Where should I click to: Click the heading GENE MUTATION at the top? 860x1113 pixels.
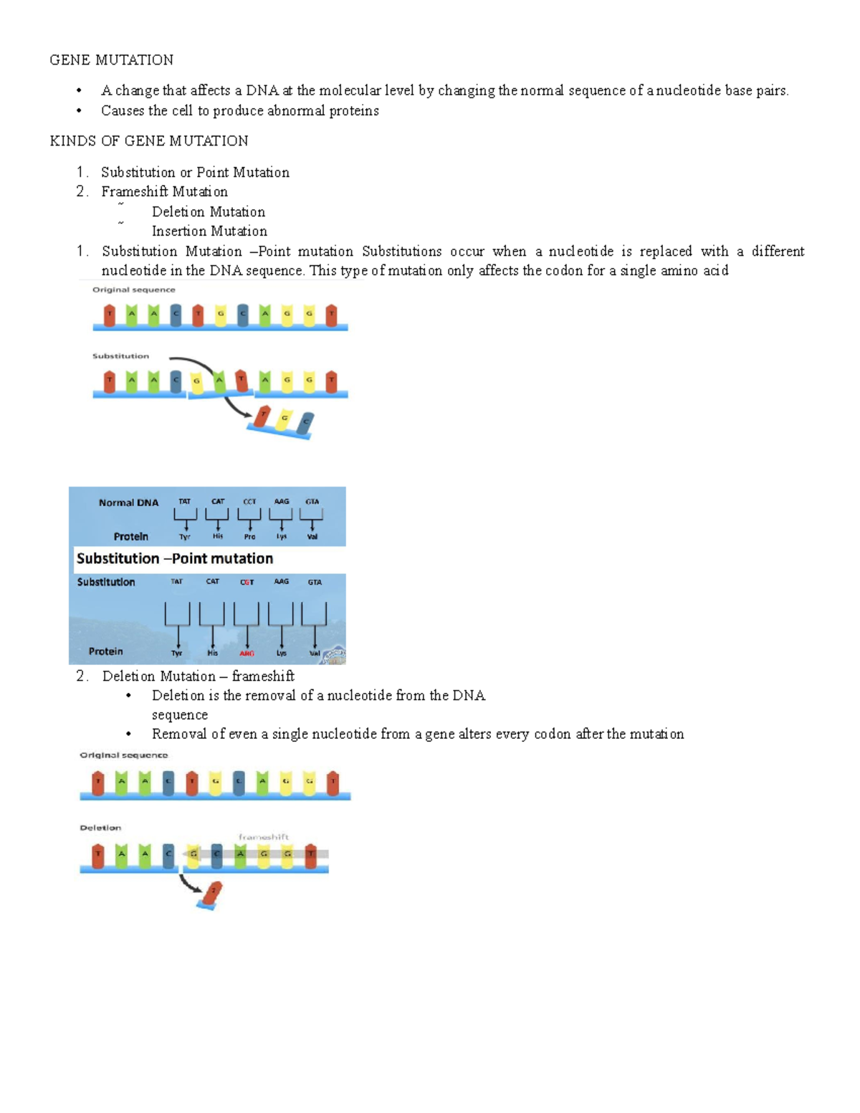click(111, 59)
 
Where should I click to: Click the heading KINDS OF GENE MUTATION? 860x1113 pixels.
click(149, 140)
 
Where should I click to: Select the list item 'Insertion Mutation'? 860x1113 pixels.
click(209, 231)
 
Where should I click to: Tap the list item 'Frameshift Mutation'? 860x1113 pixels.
click(164, 191)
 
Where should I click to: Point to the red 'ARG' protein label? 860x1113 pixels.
click(247, 653)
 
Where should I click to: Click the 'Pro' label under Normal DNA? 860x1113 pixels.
click(249, 536)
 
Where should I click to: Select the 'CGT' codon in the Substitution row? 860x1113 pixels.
click(247, 582)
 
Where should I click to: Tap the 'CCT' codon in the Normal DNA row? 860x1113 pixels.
click(249, 502)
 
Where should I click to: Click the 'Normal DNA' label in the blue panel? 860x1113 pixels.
click(128, 502)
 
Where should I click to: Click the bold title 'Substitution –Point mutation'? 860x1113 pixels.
click(175, 558)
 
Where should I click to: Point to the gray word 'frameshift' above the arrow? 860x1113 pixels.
click(264, 836)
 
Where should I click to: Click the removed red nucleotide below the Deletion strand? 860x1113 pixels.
click(212, 893)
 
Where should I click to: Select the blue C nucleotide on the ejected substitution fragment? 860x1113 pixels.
click(306, 423)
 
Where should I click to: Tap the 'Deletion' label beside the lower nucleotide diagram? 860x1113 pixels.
click(100, 828)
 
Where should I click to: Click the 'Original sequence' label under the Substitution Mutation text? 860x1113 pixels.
click(134, 290)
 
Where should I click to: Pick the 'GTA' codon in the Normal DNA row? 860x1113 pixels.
click(312, 502)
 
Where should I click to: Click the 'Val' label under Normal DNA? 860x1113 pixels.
click(312, 536)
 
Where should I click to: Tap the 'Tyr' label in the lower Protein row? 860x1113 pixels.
click(177, 653)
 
